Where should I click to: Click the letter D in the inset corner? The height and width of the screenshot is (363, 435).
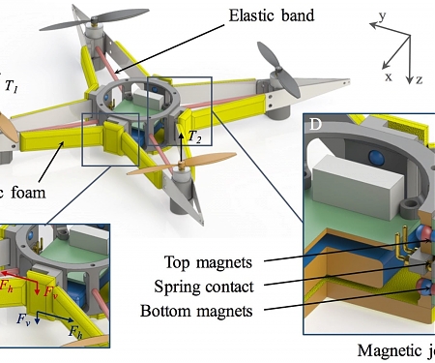(316, 126)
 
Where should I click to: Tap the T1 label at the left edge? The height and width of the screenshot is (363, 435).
(12, 87)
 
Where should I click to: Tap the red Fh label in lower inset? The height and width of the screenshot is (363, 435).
(9, 287)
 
